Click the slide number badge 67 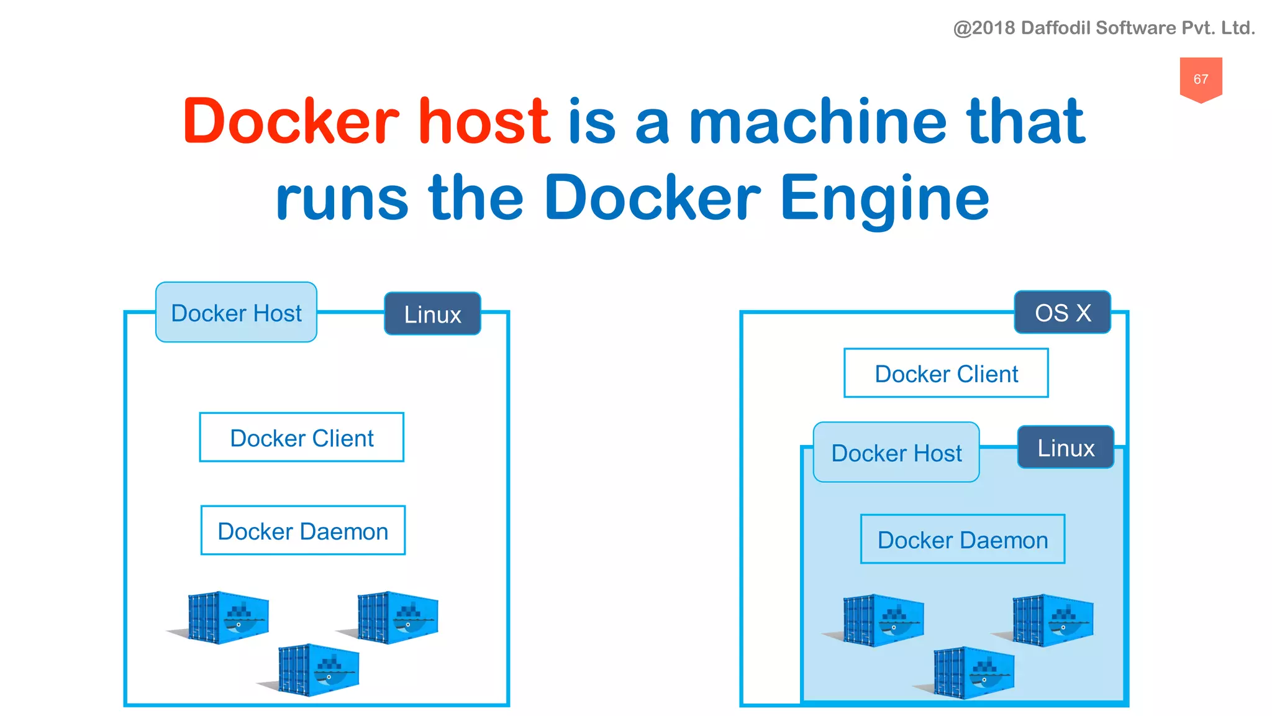click(1201, 79)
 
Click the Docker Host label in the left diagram click(236, 313)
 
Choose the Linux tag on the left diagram click(432, 314)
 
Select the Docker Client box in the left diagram click(302, 438)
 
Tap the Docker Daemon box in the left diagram click(303, 531)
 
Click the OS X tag click(1063, 313)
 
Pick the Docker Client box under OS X click(946, 374)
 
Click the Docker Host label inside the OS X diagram click(896, 452)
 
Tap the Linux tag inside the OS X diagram click(1066, 447)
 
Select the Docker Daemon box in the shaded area click(963, 539)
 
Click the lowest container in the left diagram click(318, 670)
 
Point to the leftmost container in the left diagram click(227, 617)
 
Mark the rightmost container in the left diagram click(397, 617)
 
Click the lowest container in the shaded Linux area click(973, 672)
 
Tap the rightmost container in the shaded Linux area click(1052, 620)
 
